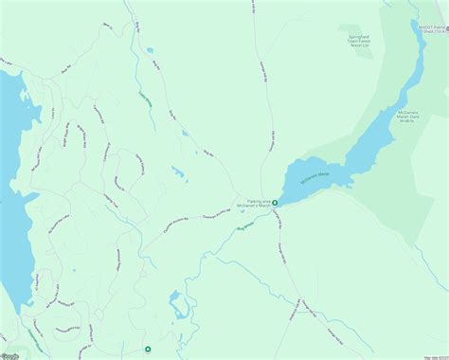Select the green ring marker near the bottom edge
pos(148,349)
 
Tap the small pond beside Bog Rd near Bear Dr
pos(149,51)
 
